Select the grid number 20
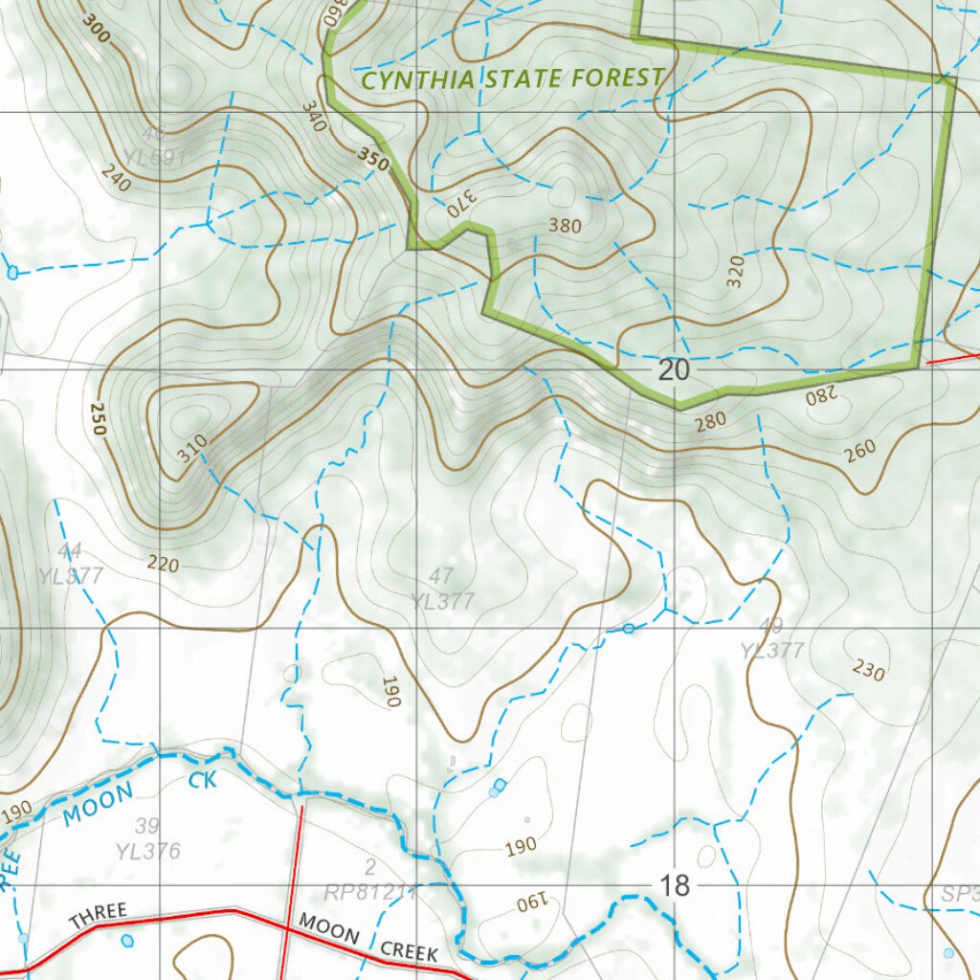click(x=674, y=370)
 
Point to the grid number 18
click(x=674, y=885)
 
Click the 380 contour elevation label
click(x=565, y=226)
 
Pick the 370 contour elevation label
click(x=457, y=203)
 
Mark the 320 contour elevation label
click(x=735, y=274)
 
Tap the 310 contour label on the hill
click(x=192, y=449)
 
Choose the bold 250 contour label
click(x=96, y=419)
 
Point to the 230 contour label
click(x=868, y=669)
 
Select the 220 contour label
click(x=163, y=564)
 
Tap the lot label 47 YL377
click(x=442, y=589)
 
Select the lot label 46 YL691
click(x=153, y=145)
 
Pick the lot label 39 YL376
click(x=147, y=839)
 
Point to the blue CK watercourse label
click(x=202, y=780)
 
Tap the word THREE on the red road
click(x=97, y=915)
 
